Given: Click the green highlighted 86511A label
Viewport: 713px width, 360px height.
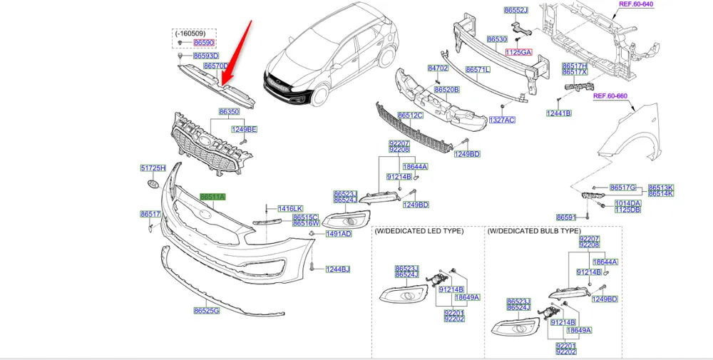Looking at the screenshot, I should tap(212, 197).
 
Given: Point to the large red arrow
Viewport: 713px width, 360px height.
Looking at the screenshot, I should tap(237, 54).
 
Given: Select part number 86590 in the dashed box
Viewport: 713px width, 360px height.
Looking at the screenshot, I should tap(204, 43).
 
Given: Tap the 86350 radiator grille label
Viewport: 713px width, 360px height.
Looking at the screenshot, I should tap(229, 112).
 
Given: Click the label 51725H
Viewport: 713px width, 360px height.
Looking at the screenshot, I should tap(153, 168).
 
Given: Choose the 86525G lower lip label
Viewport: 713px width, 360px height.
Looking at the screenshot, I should tap(206, 311).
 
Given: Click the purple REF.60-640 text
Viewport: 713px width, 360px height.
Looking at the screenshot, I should tap(636, 4).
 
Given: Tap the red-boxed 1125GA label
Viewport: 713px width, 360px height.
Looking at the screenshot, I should tap(519, 52).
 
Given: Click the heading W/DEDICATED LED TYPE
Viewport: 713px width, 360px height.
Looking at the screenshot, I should tap(419, 231).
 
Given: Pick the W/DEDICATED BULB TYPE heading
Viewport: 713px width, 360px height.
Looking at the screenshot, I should tap(534, 231).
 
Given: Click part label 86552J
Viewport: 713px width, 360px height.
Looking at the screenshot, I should tap(515, 11).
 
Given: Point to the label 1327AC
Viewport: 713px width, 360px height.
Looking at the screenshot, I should tap(502, 120).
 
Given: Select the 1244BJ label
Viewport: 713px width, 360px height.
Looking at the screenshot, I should tap(338, 269).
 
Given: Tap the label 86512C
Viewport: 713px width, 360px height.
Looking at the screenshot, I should tap(410, 115).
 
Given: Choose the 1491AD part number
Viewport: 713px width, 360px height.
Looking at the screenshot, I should tap(339, 234).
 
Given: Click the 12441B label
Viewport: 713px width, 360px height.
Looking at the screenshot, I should tap(559, 113).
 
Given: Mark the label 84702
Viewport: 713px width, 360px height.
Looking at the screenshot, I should tap(438, 68).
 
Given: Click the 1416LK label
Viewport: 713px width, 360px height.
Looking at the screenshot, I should tap(290, 208).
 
